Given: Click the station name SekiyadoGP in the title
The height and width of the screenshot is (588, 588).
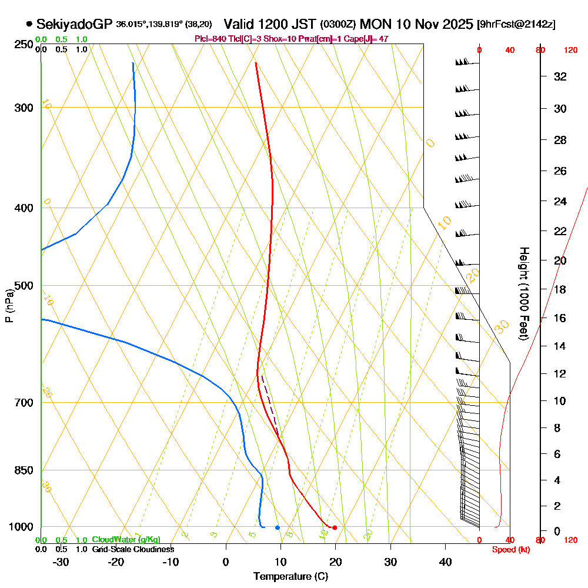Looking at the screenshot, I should (x=74, y=24).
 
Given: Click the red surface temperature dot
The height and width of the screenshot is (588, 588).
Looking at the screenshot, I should (x=335, y=527).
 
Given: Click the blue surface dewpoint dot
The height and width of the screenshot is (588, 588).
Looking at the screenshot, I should (x=278, y=527).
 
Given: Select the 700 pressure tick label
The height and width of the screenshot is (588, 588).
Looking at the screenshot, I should (x=24, y=403).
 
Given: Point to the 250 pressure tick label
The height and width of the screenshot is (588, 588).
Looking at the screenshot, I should (x=24, y=45).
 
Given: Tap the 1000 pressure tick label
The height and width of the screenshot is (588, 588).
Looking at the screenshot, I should (x=21, y=527).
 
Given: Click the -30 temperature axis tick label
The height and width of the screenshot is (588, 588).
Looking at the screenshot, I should (x=61, y=562).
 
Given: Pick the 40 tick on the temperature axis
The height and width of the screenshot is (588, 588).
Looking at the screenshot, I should (x=445, y=562).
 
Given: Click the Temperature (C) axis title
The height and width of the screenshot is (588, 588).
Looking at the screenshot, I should (x=290, y=577).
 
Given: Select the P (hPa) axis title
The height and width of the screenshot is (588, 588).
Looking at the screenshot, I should (x=9, y=306).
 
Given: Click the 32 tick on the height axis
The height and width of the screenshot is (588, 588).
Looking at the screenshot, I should (x=560, y=76).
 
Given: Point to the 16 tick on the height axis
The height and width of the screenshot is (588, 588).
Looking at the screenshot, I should (x=560, y=318).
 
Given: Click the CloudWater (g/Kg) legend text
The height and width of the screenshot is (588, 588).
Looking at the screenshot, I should (x=126, y=540).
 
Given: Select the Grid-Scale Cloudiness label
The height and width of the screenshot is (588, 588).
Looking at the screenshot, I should (x=132, y=549).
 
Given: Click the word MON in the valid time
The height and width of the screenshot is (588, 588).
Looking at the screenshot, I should (x=377, y=24).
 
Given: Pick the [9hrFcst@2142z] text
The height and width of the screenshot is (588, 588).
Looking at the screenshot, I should (x=517, y=25).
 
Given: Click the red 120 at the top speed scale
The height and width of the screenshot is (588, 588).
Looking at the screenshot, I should (x=570, y=51).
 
